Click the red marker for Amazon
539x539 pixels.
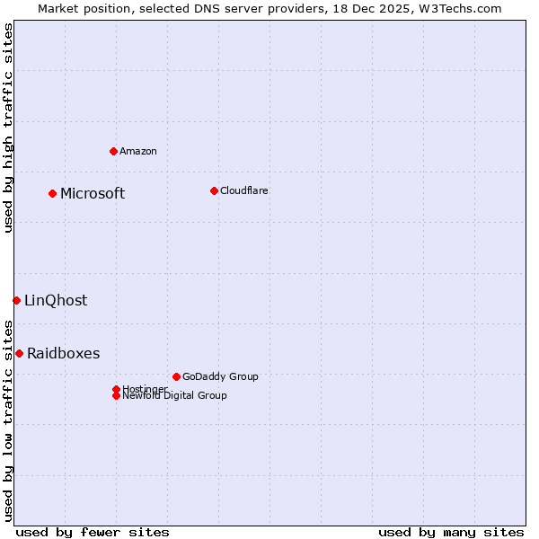[113, 151]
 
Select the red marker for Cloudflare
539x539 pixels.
[214, 190]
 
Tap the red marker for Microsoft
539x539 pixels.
[53, 193]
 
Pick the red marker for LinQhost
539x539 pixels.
[16, 300]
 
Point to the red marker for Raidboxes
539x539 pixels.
[19, 353]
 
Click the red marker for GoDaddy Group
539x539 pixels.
[176, 376]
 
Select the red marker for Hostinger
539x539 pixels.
[116, 389]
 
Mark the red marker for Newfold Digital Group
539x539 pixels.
[116, 395]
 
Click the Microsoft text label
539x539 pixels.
[93, 193]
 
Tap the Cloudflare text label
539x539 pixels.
[243, 190]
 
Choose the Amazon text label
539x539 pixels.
[137, 151]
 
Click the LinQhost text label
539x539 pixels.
[56, 300]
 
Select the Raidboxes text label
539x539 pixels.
[63, 353]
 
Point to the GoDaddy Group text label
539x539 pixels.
[219, 376]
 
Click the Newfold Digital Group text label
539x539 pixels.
[174, 395]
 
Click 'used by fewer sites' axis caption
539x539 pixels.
[93, 532]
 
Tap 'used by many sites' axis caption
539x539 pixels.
[451, 532]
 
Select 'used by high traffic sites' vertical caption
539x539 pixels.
[8, 128]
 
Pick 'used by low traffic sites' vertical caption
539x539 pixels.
[8, 420]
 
